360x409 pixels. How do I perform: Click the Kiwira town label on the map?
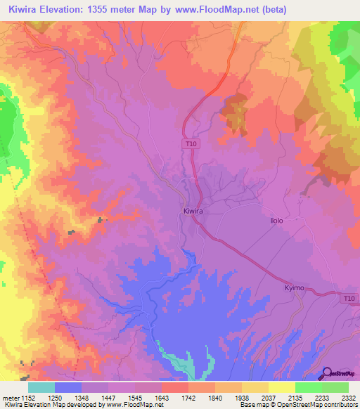[193, 210]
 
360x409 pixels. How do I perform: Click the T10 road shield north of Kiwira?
[191, 144]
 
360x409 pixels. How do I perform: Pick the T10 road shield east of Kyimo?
[349, 299]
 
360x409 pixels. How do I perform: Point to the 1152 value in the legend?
[28, 398]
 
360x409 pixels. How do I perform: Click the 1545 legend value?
[134, 398]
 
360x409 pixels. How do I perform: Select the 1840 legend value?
[214, 398]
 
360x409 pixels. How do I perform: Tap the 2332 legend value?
[348, 398]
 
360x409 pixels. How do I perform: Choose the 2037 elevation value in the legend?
[268, 398]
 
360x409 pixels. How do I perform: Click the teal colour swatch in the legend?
[41, 387]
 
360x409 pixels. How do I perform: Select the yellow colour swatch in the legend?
[281, 387]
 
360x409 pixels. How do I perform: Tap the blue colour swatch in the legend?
[68, 387]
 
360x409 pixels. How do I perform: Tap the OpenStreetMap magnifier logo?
[327, 372]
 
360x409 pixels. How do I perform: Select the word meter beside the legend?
[10, 398]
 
